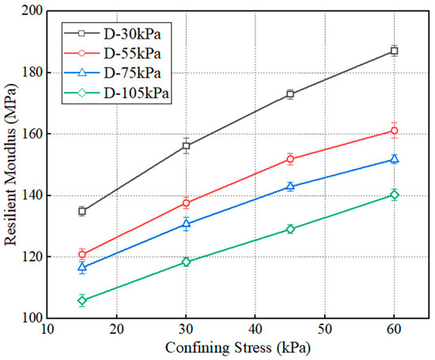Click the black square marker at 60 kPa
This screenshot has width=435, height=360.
(394, 51)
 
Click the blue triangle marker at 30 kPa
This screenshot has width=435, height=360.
(186, 224)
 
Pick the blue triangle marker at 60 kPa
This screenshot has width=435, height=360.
(394, 159)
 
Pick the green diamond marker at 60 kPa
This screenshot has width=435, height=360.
(394, 195)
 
